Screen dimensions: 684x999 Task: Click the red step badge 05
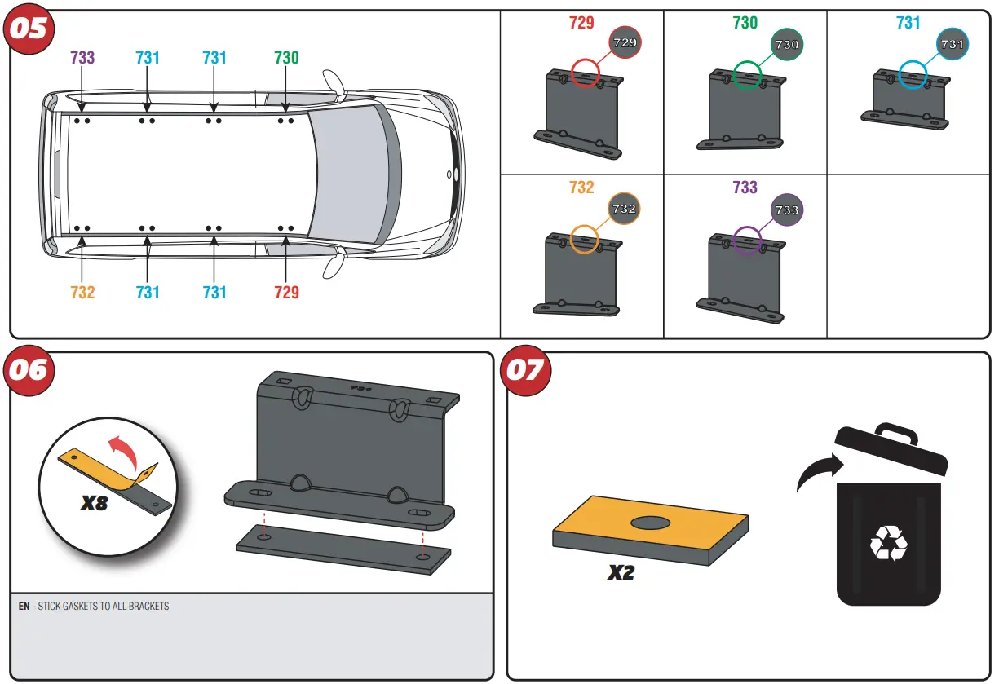point(30,29)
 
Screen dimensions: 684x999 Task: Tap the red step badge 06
point(30,371)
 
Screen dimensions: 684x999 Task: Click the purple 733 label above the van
point(82,58)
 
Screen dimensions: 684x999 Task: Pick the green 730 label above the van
point(286,58)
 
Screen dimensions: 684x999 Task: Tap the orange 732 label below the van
point(82,292)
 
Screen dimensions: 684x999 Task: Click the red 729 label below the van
point(286,292)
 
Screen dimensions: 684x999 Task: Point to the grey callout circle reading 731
point(952,44)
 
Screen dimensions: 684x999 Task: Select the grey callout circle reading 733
point(787,210)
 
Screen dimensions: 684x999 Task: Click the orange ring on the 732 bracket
point(584,239)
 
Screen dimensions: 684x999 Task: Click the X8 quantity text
point(95,503)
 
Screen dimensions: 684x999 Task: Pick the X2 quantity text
point(621,573)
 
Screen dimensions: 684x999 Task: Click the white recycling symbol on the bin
point(888,543)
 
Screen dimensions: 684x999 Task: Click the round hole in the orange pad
point(650,522)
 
